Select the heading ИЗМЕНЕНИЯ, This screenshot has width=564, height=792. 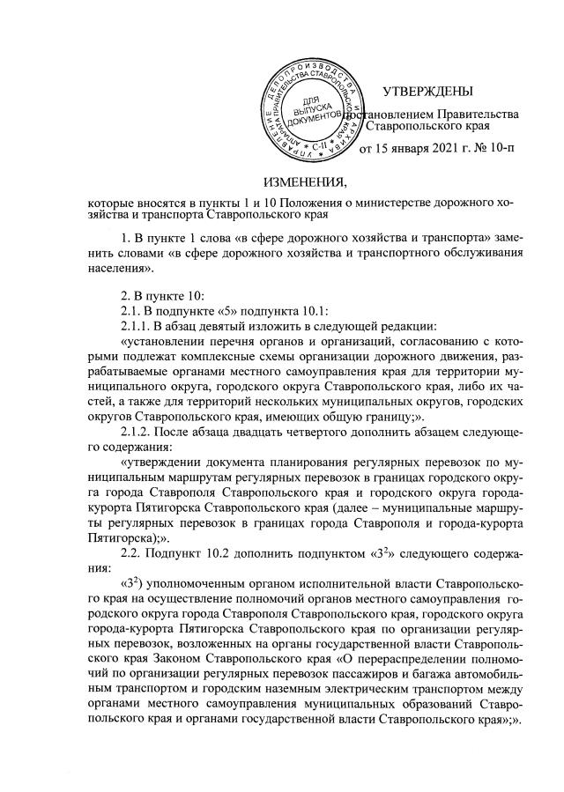pyautogui.click(x=281, y=183)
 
